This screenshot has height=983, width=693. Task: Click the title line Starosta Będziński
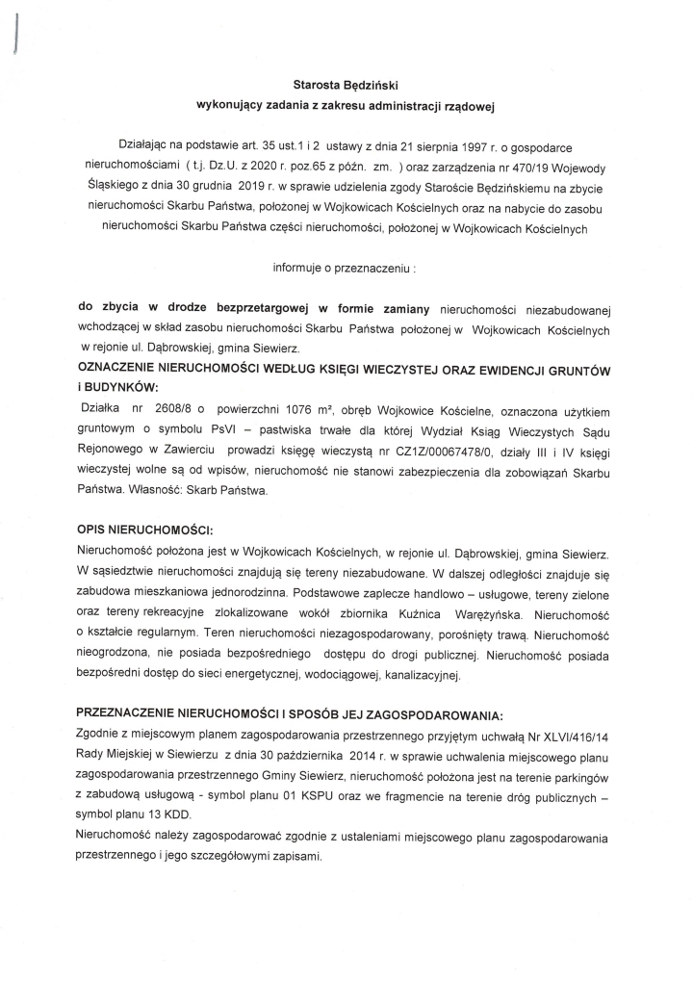click(346, 85)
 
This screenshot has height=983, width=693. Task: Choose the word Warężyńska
click(504, 612)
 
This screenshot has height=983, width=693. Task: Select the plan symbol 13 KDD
click(169, 815)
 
